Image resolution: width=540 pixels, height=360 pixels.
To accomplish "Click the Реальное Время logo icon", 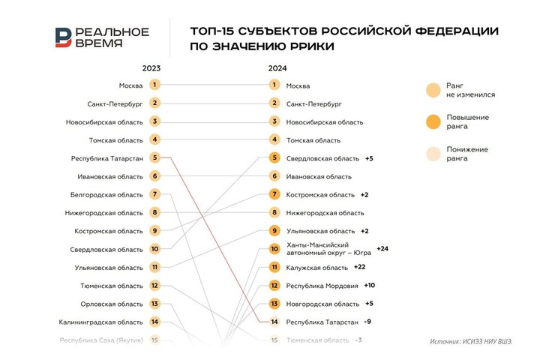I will [64, 37].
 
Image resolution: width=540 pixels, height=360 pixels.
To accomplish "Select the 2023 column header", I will [151, 68].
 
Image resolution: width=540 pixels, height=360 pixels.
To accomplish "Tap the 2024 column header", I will [277, 68].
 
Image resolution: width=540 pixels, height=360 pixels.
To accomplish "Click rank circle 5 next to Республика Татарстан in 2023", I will [154, 157].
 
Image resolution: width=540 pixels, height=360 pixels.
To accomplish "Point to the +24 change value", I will [382, 248].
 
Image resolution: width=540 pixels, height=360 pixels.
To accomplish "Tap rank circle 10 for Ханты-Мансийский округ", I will [274, 249].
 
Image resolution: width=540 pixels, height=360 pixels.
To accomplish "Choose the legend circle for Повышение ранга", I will [433, 121].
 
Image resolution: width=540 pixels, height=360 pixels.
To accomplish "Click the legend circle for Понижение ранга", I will [433, 153].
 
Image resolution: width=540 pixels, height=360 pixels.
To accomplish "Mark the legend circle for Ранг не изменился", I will [433, 90].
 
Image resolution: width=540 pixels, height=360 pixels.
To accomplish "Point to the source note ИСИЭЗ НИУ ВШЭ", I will [472, 341].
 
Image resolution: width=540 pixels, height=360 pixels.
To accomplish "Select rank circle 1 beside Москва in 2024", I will [274, 85].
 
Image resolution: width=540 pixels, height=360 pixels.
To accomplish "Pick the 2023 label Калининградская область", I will [101, 322].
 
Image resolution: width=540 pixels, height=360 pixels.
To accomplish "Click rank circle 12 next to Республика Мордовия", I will [274, 286].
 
